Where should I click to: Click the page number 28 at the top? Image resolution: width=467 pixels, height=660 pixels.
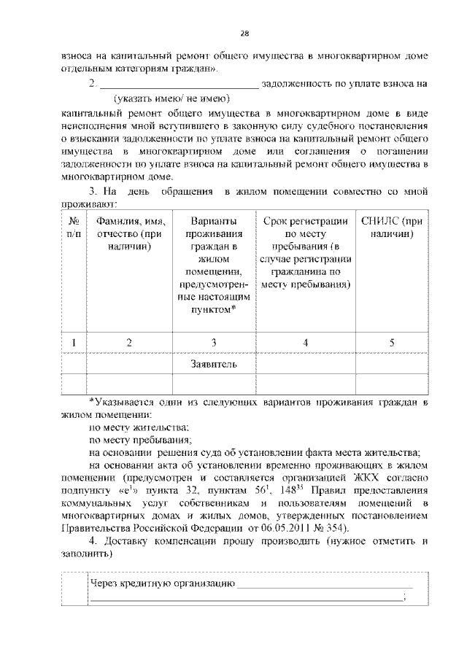[x=245, y=33]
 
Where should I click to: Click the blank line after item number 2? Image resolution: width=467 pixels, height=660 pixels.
[x=178, y=84]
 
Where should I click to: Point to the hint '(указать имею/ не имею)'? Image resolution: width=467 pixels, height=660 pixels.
[x=171, y=98]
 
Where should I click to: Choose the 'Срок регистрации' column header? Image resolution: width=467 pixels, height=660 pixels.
[x=305, y=252]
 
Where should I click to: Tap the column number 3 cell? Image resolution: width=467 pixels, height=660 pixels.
[x=213, y=343]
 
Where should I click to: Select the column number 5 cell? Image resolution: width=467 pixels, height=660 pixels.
[x=391, y=343]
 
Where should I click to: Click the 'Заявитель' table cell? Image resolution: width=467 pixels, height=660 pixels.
[x=213, y=363]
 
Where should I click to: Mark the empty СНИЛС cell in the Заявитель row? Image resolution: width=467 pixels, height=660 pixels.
[x=391, y=363]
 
